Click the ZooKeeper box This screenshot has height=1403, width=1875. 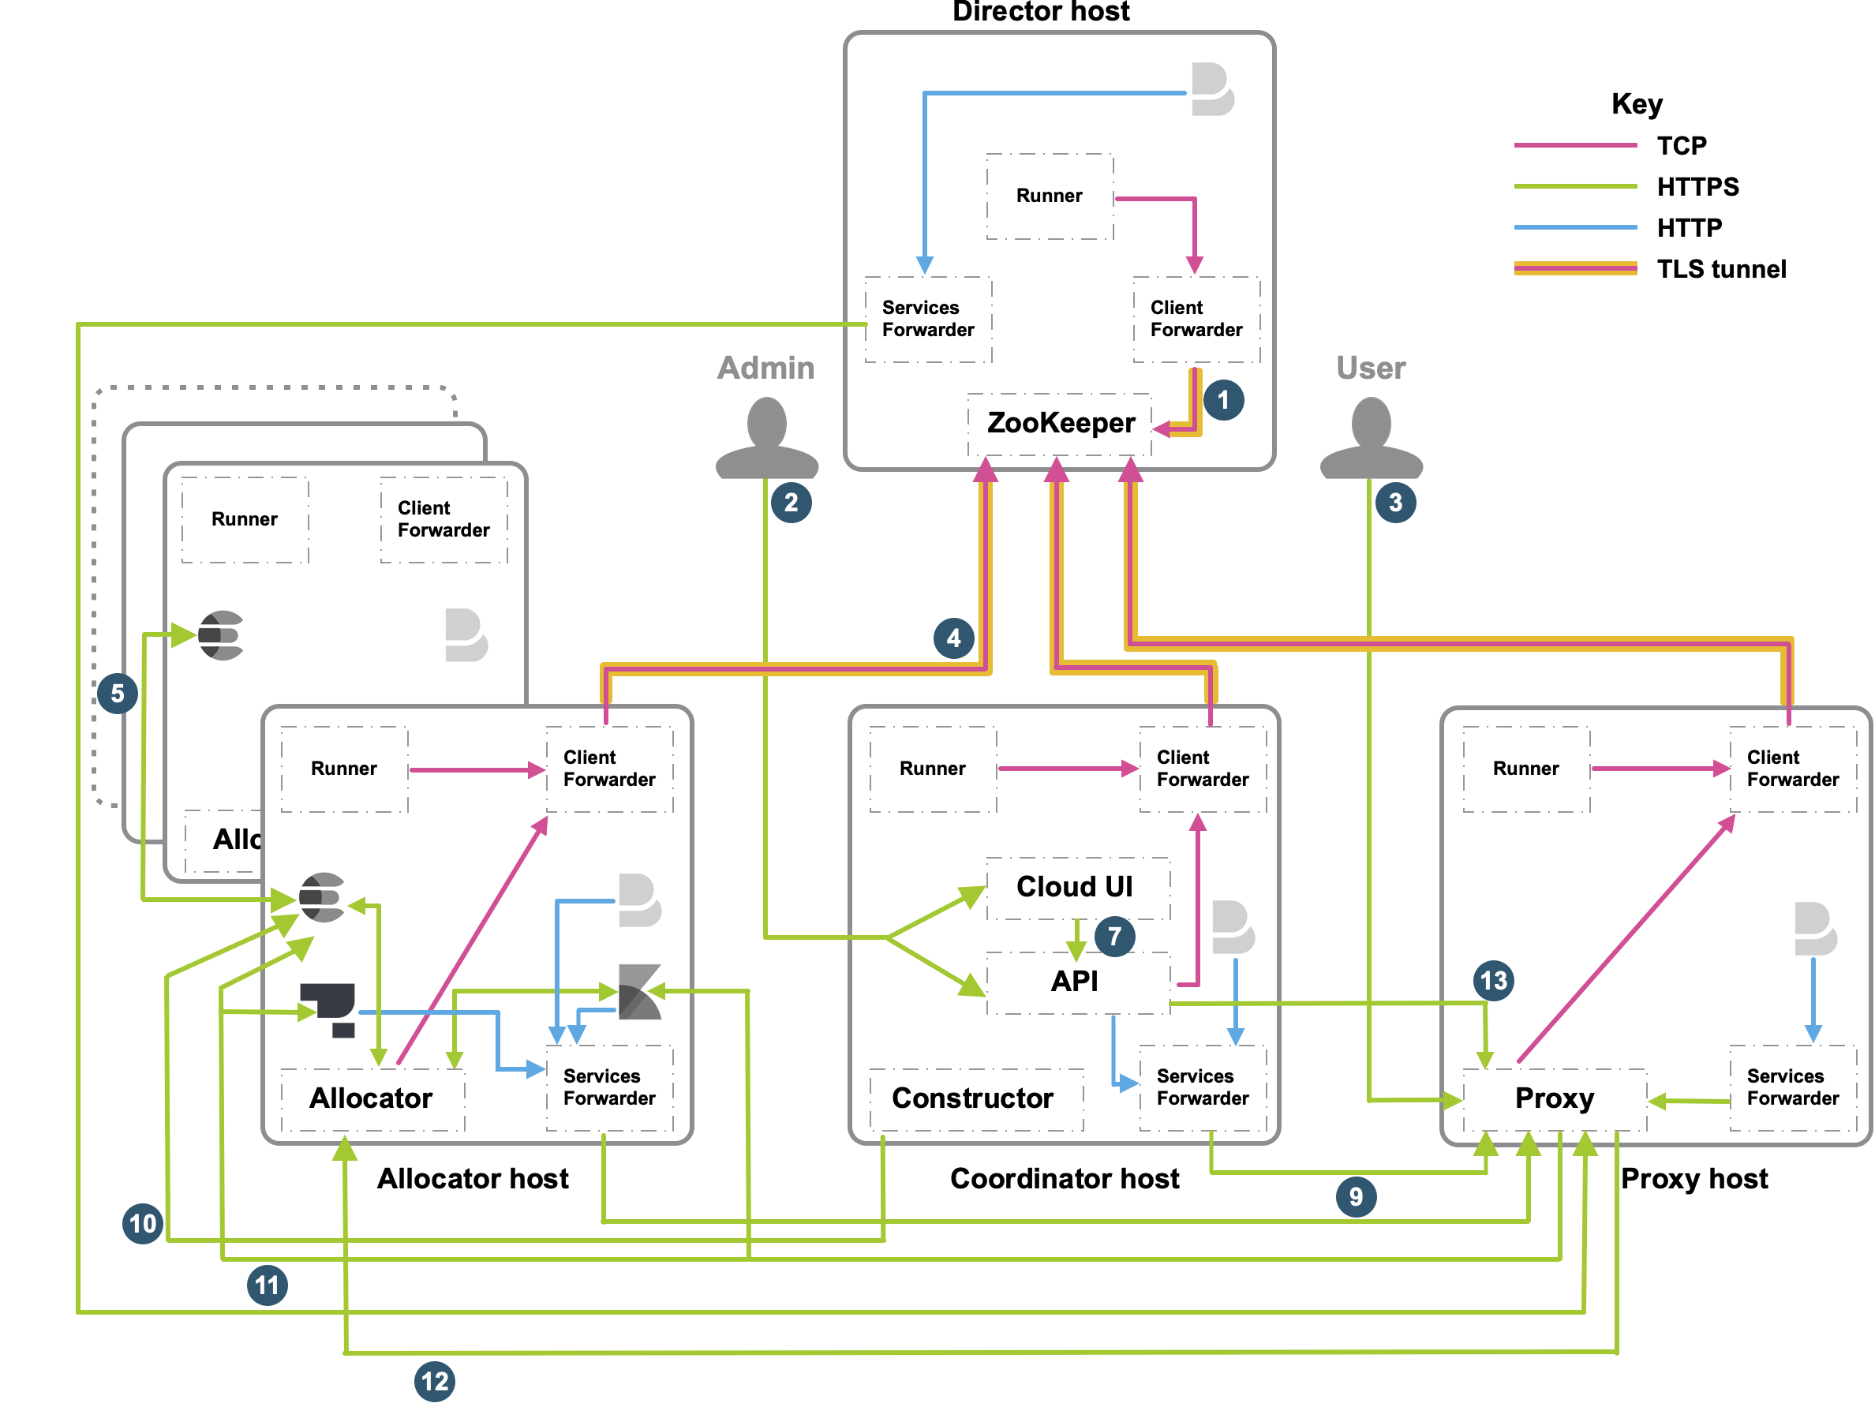coord(1060,422)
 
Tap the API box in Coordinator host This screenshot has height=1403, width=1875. coord(1075,981)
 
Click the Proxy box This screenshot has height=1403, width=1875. coord(1554,1098)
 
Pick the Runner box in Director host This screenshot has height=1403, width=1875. coord(1050,196)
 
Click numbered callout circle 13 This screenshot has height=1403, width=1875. coord(1493,981)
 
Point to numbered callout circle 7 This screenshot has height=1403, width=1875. coord(1114,937)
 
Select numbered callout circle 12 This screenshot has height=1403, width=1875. coord(435,1381)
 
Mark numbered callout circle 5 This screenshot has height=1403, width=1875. coord(117,694)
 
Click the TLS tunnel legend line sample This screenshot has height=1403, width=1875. coord(1575,269)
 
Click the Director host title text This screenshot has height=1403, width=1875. coord(1041,12)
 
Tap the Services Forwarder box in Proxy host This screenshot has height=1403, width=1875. coord(1792,1087)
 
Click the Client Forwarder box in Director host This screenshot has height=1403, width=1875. coord(1196,319)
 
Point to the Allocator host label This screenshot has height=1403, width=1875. coord(473,1178)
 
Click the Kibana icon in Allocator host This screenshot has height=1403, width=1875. coord(639,992)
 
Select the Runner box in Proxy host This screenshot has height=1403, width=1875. coord(1525,769)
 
